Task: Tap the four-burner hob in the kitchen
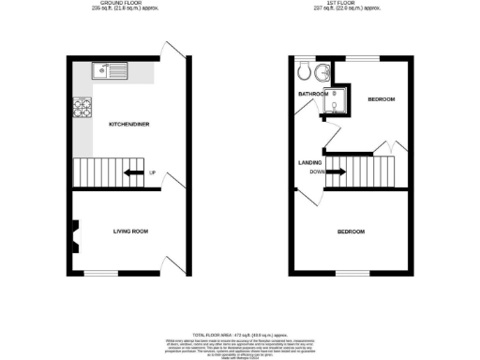(x=81, y=108)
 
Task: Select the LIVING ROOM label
(x=132, y=231)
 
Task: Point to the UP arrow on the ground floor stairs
(x=137, y=172)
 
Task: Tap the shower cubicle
(x=336, y=106)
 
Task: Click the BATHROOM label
(x=314, y=95)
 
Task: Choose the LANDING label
(x=310, y=162)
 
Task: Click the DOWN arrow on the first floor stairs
(x=335, y=172)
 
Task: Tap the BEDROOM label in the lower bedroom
(x=352, y=231)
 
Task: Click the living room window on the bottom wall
(x=129, y=274)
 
